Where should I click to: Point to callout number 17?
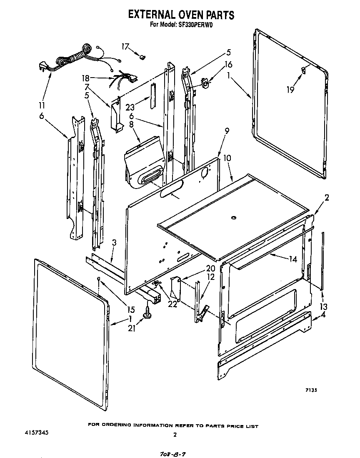pos(125,46)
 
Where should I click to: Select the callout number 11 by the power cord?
pos(42,105)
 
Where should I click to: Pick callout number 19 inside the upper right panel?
pos(291,89)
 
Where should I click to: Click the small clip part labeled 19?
pos(303,71)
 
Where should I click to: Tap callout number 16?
pos(228,65)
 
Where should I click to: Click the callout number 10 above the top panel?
pos(227,158)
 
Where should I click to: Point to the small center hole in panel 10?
pos(234,217)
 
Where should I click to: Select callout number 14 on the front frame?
pos(293,259)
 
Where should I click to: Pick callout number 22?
pos(172,304)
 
